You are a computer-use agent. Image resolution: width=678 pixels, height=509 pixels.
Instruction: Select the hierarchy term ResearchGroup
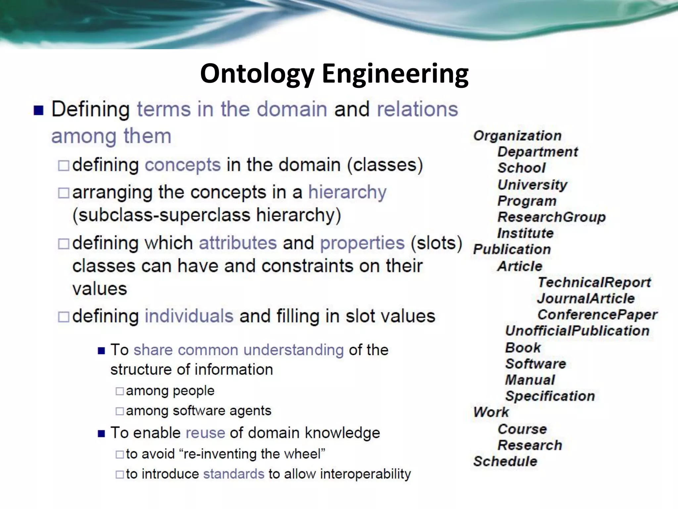click(x=552, y=217)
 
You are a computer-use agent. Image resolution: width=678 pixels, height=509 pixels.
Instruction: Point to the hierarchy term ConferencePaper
click(x=597, y=315)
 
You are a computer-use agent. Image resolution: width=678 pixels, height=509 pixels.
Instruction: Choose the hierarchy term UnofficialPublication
click(x=577, y=331)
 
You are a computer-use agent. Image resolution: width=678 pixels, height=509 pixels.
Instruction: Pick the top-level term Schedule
click(x=505, y=461)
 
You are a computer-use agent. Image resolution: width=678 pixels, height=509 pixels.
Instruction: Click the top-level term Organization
click(x=517, y=136)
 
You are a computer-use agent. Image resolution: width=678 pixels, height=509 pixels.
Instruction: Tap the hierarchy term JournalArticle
click(x=586, y=299)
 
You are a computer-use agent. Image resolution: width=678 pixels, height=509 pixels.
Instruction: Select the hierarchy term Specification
click(x=550, y=396)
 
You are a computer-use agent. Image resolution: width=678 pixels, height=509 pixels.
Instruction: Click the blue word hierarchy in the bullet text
click(x=347, y=192)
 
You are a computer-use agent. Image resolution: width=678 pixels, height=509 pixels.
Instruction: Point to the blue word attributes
click(x=238, y=243)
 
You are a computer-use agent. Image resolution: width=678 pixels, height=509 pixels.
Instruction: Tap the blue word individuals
click(x=189, y=316)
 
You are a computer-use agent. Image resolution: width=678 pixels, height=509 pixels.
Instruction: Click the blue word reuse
click(x=205, y=433)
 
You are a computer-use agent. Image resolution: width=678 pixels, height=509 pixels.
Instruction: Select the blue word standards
click(x=234, y=474)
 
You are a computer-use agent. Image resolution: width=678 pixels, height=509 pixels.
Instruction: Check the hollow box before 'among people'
click(x=120, y=391)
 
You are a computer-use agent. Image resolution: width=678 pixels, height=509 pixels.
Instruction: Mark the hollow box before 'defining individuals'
click(x=64, y=317)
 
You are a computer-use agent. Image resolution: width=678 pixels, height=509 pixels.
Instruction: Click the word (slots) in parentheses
click(x=436, y=243)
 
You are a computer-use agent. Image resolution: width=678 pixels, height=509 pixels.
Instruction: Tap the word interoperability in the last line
click(x=365, y=474)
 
